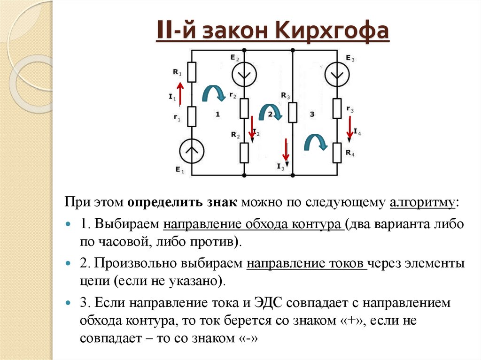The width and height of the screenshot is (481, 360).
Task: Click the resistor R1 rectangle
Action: coord(192,72)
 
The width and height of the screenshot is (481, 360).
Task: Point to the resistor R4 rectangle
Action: coord(337,153)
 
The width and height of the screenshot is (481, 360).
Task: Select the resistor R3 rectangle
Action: coord(292,113)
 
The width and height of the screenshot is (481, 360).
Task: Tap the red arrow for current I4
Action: coord(349,128)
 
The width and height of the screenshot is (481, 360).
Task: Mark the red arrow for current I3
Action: coord(285,150)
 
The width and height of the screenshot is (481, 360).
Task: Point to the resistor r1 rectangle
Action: coord(192,116)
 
